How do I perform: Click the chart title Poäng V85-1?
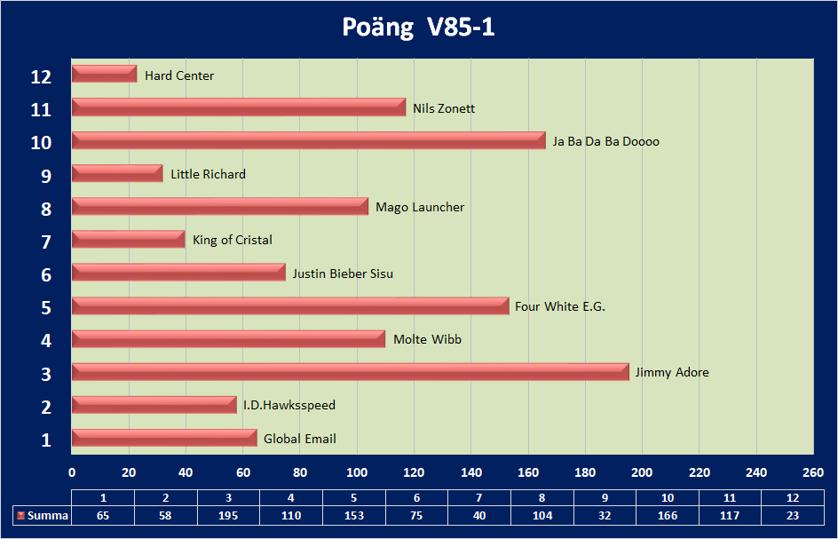click(418, 28)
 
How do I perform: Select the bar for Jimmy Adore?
click(350, 372)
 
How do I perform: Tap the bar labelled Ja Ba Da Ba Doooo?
click(308, 140)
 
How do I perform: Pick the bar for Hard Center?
click(104, 75)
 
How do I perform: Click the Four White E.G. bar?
click(290, 306)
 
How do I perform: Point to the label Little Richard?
click(208, 174)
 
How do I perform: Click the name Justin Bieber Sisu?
click(343, 273)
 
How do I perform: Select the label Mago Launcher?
click(420, 207)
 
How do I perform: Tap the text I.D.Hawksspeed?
click(289, 405)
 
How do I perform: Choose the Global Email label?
click(300, 439)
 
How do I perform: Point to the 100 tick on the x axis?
click(357, 471)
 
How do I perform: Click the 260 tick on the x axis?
click(813, 471)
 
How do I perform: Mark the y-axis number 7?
click(44, 242)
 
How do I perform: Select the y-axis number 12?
click(41, 76)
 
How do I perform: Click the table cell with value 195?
click(228, 515)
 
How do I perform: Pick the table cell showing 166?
click(668, 515)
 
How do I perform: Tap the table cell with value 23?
click(793, 515)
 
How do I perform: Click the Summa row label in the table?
click(47, 515)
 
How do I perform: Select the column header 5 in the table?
click(353, 497)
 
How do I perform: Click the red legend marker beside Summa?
click(20, 515)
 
